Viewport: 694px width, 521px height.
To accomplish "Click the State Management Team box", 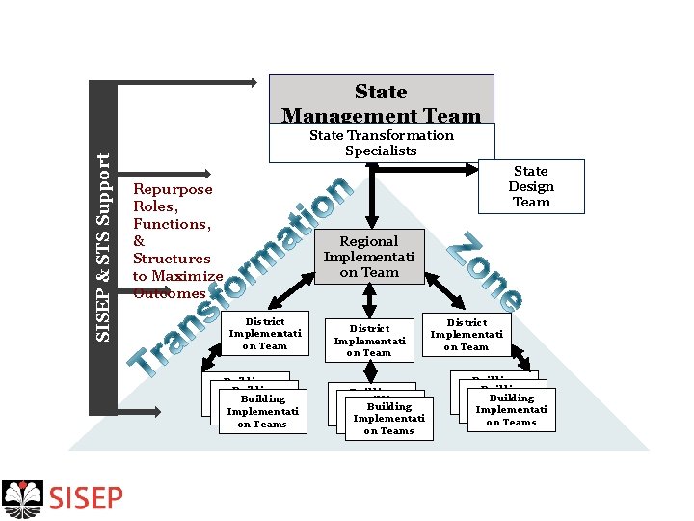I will click(x=381, y=99).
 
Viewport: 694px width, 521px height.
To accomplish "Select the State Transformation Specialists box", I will click(x=381, y=143).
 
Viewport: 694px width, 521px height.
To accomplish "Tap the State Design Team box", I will click(x=531, y=186).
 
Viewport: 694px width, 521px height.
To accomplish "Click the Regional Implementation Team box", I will click(x=369, y=257).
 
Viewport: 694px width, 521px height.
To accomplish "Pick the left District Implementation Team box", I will click(x=265, y=333).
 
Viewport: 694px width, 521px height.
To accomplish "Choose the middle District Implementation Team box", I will click(x=369, y=341).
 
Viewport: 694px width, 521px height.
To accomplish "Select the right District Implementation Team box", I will click(x=467, y=334).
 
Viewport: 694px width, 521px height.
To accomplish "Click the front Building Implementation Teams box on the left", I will click(x=262, y=411).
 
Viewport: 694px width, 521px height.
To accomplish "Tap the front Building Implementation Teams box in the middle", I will click(x=388, y=419).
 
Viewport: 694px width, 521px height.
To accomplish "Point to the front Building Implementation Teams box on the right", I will click(x=511, y=410).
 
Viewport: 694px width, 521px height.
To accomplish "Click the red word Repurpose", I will click(x=173, y=189).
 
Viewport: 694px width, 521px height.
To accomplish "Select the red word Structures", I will click(x=172, y=259).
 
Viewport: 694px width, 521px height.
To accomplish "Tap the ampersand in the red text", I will click(x=139, y=241).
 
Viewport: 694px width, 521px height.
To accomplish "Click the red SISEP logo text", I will click(x=86, y=498).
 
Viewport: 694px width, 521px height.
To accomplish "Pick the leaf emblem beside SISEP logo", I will click(x=23, y=498).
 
